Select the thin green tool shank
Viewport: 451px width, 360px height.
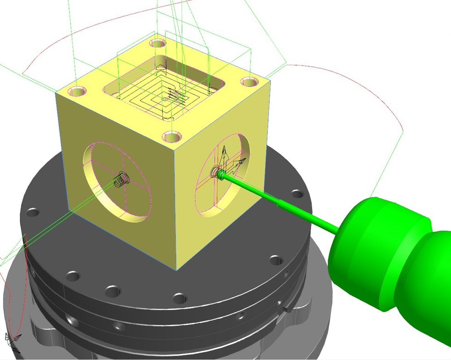[281, 202]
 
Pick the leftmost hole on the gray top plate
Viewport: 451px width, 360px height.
[33, 213]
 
